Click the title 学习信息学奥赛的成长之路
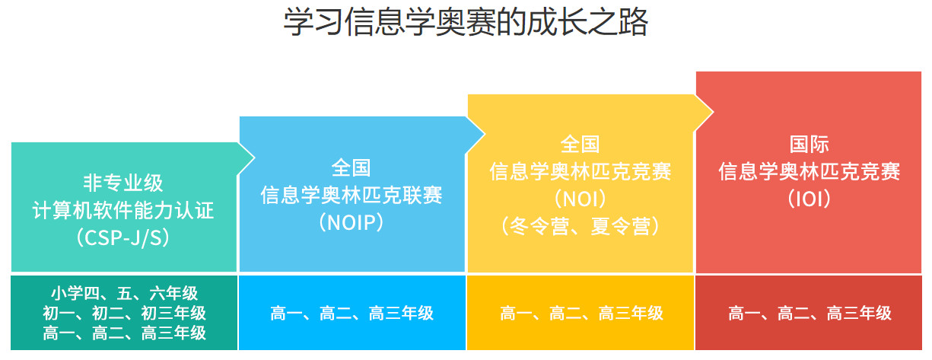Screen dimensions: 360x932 coord(466,23)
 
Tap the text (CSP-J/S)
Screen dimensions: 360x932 coord(123,237)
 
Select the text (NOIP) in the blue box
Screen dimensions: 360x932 coord(351,222)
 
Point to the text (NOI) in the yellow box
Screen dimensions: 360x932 coord(581,199)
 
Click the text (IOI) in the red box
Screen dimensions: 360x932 coord(809,199)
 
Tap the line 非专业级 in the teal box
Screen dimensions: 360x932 coord(123,183)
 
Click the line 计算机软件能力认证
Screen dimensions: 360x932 coord(123,210)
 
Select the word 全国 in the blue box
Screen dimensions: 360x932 coord(351,168)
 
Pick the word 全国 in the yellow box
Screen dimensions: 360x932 coord(581,144)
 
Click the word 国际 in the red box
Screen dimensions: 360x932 coord(809,144)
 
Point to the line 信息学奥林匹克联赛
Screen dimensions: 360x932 coord(351,196)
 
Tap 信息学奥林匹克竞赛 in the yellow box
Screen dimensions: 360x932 coord(581,171)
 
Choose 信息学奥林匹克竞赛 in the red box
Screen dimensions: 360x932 coord(809,171)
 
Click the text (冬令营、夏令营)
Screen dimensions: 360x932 coord(581,226)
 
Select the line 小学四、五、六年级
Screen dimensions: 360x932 coord(124,293)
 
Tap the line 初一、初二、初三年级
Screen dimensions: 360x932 coord(124,313)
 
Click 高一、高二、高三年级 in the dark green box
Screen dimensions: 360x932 coord(124,333)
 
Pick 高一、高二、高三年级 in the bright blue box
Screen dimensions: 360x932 coord(351,313)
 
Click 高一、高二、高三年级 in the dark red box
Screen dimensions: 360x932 coord(810,313)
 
